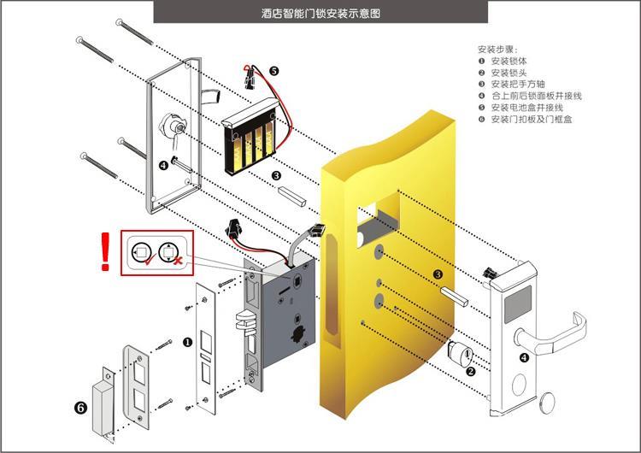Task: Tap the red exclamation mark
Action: [x=106, y=253]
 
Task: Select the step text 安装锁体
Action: [x=509, y=62]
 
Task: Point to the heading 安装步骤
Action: [x=497, y=50]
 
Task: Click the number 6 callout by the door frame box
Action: [x=80, y=408]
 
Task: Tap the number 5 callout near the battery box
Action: [x=273, y=71]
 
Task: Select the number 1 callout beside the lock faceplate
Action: [x=187, y=342]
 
